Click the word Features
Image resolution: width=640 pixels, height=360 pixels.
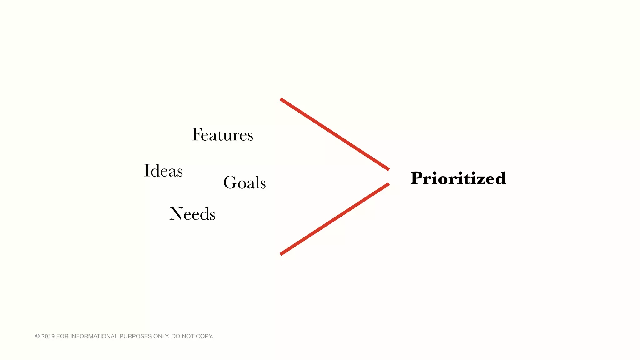pyautogui.click(x=222, y=135)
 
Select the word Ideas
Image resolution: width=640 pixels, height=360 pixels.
pyautogui.click(x=163, y=171)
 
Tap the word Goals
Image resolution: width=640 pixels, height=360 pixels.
pyautogui.click(x=244, y=182)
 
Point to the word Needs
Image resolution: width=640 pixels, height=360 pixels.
pyautogui.click(x=192, y=214)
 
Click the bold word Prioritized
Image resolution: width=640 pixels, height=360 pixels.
pyautogui.click(x=458, y=178)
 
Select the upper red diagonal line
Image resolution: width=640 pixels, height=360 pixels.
pyautogui.click(x=335, y=134)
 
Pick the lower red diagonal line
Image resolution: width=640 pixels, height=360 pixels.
pyautogui.click(x=335, y=219)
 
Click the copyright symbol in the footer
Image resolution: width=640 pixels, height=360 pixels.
pyautogui.click(x=37, y=336)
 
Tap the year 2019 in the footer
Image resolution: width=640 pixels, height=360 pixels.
pyautogui.click(x=48, y=336)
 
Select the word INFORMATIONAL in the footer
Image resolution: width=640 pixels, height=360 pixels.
pyautogui.click(x=94, y=336)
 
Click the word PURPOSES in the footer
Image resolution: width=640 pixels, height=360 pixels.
pyautogui.click(x=136, y=336)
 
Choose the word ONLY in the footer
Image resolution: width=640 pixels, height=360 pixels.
pyautogui.click(x=161, y=336)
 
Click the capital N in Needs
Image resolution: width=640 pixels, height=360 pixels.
pyautogui.click(x=176, y=214)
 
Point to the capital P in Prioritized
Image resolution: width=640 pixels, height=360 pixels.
pyautogui.click(x=418, y=178)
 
